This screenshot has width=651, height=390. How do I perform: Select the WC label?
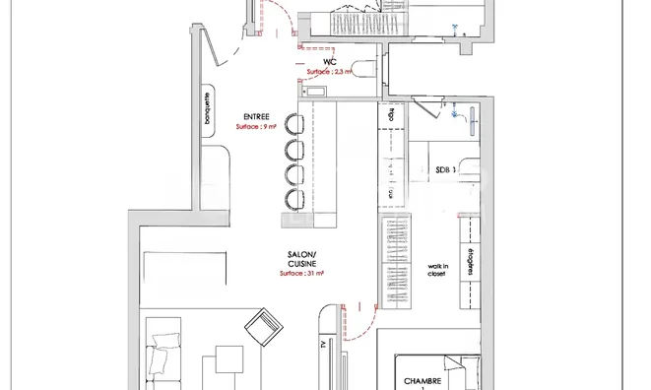pos(330,61)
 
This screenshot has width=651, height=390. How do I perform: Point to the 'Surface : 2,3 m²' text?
pos(330,72)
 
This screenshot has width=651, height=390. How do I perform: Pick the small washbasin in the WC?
pos(316,92)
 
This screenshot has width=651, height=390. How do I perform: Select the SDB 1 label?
pos(444,170)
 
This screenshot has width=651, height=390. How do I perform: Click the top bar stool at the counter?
pos(293,123)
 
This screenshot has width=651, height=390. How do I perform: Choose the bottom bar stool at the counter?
pos(293,200)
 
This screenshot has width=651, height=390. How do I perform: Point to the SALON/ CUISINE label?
pos(301,259)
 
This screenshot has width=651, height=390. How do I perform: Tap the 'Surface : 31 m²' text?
pos(301,275)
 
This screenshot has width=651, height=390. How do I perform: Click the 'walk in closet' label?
pos(436,270)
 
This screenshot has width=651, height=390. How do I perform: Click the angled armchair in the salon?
pos(263,327)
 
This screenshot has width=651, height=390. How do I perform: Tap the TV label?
pos(322,346)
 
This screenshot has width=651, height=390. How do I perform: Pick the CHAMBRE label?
pos(423,380)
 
